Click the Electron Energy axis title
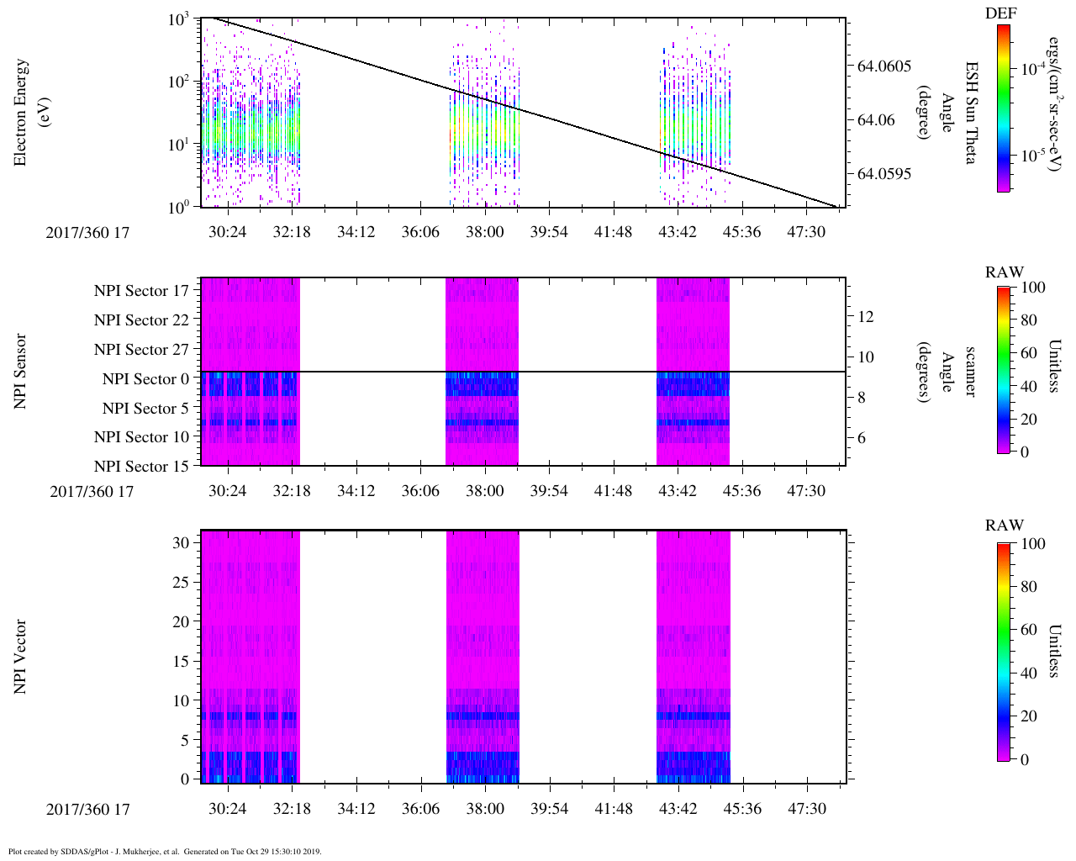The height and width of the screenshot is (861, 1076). click(x=21, y=112)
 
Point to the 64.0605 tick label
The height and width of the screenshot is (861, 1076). click(x=883, y=66)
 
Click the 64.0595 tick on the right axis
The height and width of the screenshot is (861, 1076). click(x=883, y=174)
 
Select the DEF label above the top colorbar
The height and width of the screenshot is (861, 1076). click(x=1001, y=13)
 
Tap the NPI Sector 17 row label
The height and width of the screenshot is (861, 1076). click(x=142, y=291)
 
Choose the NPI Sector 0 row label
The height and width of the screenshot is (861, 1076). click(x=146, y=379)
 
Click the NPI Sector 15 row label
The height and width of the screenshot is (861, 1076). click(x=142, y=466)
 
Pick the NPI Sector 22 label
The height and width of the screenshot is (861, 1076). click(x=142, y=320)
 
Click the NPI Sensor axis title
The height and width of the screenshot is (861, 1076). click(x=21, y=372)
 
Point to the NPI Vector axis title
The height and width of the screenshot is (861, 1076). click(x=21, y=657)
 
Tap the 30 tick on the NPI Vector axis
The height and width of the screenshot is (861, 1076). click(x=180, y=543)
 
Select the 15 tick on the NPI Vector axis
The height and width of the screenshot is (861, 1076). click(x=180, y=662)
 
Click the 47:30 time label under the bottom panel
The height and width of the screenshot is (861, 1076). click(x=806, y=809)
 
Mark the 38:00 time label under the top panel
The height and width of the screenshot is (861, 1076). click(x=484, y=232)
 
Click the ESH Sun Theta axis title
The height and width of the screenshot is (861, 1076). click(x=970, y=113)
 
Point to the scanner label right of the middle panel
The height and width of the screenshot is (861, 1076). click(x=970, y=372)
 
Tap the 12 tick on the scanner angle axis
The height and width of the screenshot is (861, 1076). click(x=866, y=316)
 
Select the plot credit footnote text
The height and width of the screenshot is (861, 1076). click(x=165, y=851)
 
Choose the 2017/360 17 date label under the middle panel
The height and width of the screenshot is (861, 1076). click(x=92, y=492)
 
